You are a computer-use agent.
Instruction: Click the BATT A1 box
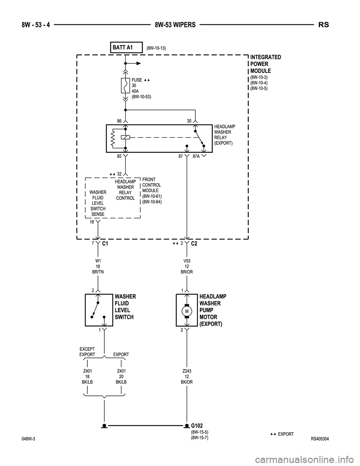click(126, 47)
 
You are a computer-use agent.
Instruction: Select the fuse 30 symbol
click(125, 86)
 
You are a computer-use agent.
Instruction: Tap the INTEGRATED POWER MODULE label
click(265, 64)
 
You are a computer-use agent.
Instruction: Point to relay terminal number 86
click(119, 121)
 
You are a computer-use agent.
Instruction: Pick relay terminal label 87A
click(196, 156)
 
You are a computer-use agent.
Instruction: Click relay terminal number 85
click(119, 156)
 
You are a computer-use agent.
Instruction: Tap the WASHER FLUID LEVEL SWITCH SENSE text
click(98, 203)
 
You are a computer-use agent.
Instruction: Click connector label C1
click(105, 244)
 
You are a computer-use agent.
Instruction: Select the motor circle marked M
click(187, 311)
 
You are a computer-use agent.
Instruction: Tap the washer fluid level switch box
click(99, 310)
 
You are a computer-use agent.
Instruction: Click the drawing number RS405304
click(319, 439)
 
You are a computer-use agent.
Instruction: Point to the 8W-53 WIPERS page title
click(175, 25)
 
